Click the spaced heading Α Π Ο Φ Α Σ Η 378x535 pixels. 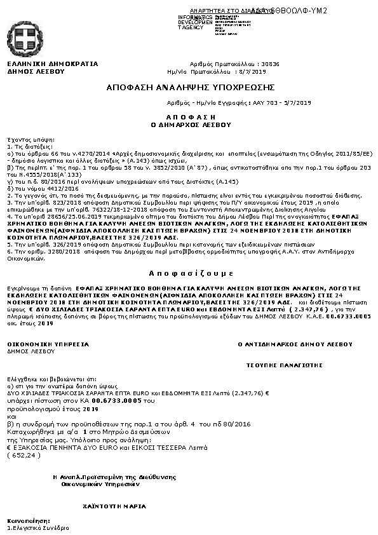pyautogui.click(x=190, y=118)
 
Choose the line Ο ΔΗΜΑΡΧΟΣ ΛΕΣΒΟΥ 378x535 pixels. pyautogui.click(x=190, y=125)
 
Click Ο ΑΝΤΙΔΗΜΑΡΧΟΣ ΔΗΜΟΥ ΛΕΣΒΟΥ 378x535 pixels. pyautogui.click(x=295, y=344)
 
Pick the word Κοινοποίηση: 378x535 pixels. pyautogui.click(x=24, y=522)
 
